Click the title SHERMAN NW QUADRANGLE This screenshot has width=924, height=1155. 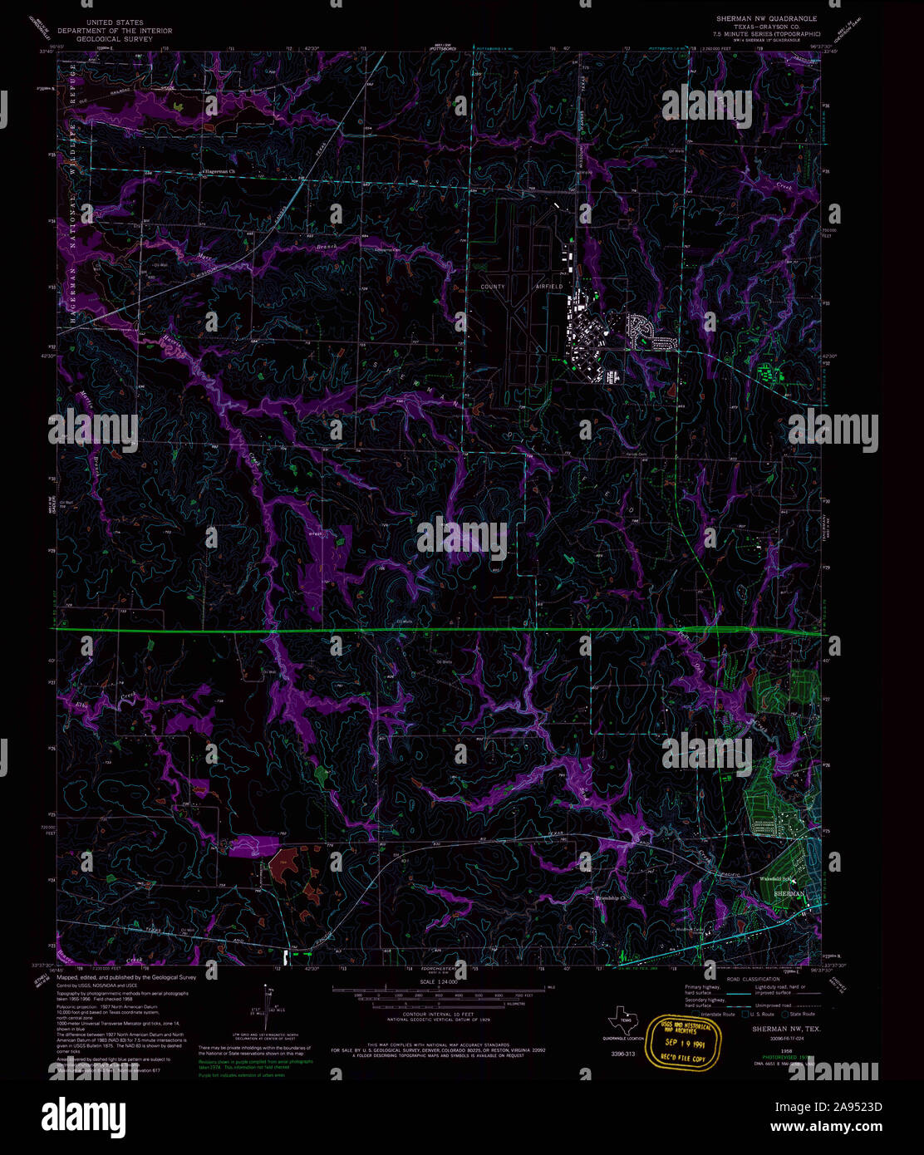pos(766,18)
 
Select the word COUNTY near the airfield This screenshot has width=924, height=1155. pos(493,287)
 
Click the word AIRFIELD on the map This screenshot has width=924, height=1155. pos(548,287)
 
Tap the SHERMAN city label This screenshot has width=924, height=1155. pos(789,892)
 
